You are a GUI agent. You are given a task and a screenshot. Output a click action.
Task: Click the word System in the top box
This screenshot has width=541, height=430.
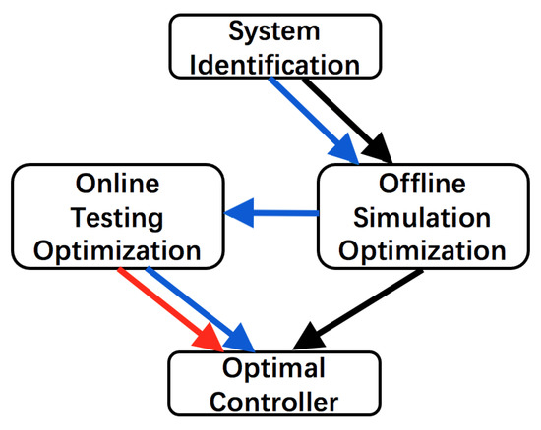click(x=275, y=31)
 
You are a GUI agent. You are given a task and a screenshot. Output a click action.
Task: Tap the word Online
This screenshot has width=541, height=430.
click(x=116, y=184)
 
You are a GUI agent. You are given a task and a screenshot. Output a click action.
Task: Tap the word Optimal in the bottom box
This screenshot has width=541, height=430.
click(x=274, y=371)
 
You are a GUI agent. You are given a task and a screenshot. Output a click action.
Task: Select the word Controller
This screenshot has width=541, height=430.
click(x=274, y=402)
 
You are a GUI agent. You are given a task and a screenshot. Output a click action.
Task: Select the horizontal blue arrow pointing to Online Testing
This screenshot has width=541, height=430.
click(x=275, y=212)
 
